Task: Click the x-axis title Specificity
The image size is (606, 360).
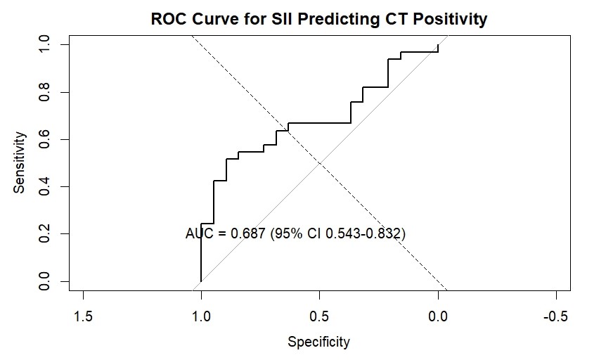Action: coord(319,342)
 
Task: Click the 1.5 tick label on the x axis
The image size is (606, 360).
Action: coord(83,316)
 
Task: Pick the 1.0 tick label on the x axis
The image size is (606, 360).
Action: coord(201,316)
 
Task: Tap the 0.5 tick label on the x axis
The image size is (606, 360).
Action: coord(320,316)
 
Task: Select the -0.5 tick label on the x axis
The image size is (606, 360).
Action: coord(556,316)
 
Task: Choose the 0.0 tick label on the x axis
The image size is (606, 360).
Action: coord(438,316)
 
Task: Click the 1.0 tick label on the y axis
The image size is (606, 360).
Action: coord(44,44)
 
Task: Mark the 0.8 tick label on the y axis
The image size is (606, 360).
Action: coord(44,92)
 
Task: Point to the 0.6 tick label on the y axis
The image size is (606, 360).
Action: coord(44,139)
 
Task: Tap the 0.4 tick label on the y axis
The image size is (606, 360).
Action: coord(44,187)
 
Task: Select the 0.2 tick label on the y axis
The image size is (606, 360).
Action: coord(44,234)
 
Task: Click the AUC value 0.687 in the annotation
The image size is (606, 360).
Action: coord(248,233)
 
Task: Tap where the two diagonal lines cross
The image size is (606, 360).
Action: coord(320,163)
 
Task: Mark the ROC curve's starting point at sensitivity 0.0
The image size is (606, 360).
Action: coord(201,281)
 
